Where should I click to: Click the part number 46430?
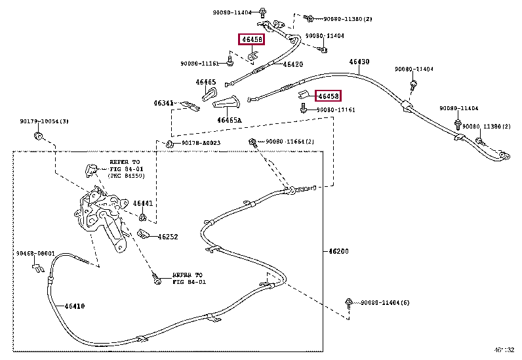tap(359, 62)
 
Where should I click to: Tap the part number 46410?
tap(74, 306)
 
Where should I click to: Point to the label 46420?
tap(292, 64)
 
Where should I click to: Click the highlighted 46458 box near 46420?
tap(251, 40)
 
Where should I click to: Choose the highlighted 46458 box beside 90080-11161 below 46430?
tap(328, 96)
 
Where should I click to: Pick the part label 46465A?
tap(230, 120)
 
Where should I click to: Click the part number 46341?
tap(164, 103)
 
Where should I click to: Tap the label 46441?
tap(143, 203)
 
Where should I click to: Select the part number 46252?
tap(168, 237)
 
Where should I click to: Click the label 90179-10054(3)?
tap(43, 122)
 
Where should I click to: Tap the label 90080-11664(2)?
tap(290, 142)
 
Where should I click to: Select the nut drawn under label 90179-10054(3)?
tap(39, 136)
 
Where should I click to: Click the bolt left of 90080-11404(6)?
tap(348, 302)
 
